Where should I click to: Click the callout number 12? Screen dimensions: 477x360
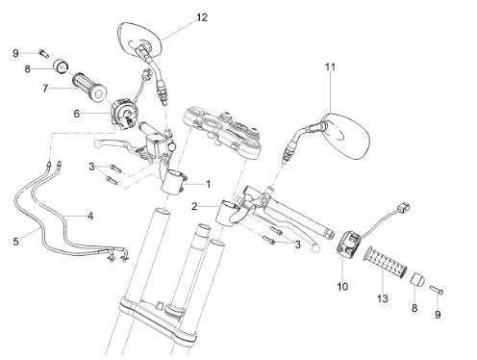click(x=202, y=17)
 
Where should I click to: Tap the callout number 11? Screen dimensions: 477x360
click(x=330, y=67)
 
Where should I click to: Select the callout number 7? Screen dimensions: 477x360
click(x=45, y=89)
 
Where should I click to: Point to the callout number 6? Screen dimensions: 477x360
click(x=76, y=114)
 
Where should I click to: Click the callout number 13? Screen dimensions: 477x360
click(x=383, y=298)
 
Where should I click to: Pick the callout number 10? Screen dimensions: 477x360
click(x=342, y=286)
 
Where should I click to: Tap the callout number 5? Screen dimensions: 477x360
click(x=16, y=242)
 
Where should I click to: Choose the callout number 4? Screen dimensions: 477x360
click(x=90, y=216)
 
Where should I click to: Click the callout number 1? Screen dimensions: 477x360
click(x=209, y=184)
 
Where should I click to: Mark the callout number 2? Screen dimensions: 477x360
click(x=194, y=206)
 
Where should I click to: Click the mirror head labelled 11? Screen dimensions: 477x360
click(x=345, y=136)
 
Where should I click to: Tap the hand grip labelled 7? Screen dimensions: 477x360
click(x=88, y=87)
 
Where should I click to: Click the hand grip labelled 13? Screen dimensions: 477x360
click(x=387, y=261)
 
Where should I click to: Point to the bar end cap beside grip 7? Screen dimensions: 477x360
click(x=61, y=66)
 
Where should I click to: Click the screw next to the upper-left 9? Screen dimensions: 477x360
click(x=44, y=53)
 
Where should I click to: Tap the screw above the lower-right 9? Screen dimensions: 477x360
click(x=437, y=290)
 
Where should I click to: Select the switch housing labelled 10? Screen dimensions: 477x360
click(x=348, y=241)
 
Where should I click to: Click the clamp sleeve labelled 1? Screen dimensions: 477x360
click(x=171, y=182)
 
